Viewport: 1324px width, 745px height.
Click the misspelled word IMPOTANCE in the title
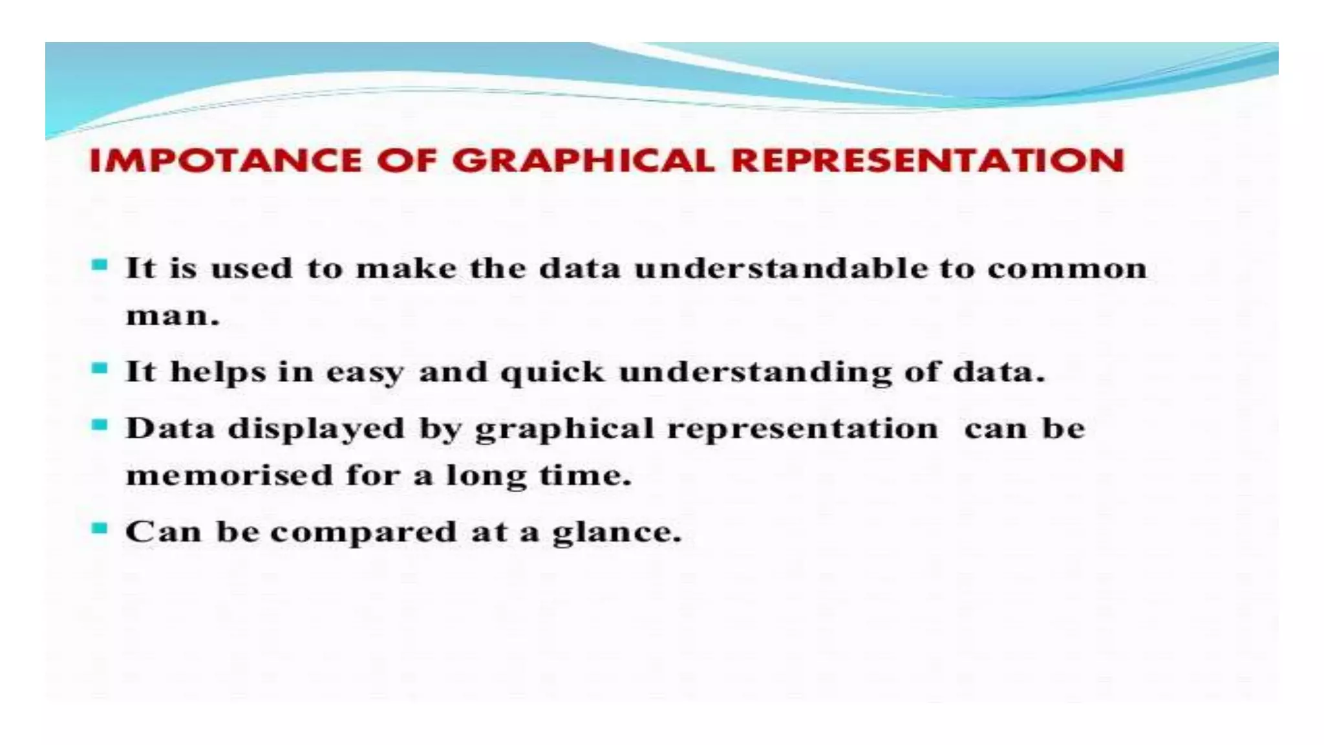pos(225,160)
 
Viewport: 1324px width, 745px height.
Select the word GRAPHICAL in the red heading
pos(584,160)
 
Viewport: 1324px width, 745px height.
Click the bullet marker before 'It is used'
pos(100,265)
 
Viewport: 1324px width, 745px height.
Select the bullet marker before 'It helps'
pos(100,369)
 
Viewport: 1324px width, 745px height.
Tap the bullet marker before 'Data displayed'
pos(100,426)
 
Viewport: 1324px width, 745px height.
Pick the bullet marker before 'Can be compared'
pos(100,529)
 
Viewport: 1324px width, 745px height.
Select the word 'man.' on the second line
pos(173,316)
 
